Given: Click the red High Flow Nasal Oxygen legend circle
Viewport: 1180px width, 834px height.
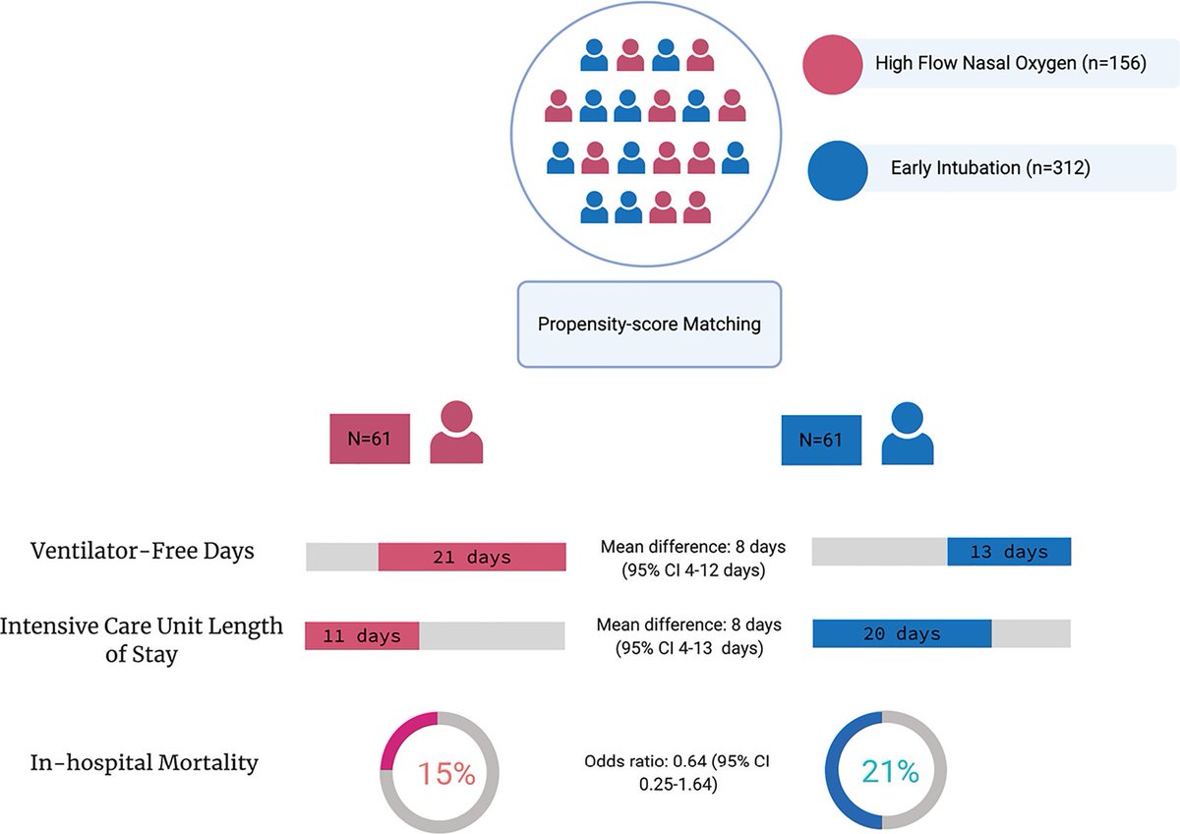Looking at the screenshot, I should pyautogui.click(x=834, y=66).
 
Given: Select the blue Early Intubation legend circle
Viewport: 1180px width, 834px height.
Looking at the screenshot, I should pyautogui.click(x=837, y=168).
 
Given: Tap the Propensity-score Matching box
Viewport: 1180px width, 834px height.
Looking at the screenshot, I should pyautogui.click(x=649, y=325).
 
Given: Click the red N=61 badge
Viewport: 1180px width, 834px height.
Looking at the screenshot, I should pyautogui.click(x=368, y=439).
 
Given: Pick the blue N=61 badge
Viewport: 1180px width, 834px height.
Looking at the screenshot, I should pyautogui.click(x=820, y=439).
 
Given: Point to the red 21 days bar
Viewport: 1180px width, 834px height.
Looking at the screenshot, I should pyautogui.click(x=472, y=557).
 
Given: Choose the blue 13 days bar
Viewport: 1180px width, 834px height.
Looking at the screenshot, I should pyautogui.click(x=1008, y=552).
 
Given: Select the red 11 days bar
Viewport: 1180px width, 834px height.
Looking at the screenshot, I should pyautogui.click(x=362, y=636).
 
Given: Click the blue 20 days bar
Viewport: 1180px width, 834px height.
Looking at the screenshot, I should pyautogui.click(x=902, y=634).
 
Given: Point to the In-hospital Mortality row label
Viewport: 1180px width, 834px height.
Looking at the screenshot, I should pyautogui.click(x=144, y=761).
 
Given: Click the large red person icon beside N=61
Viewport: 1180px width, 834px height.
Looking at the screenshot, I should pyautogui.click(x=456, y=433).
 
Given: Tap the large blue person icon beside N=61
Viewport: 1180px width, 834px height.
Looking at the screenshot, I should pyautogui.click(x=907, y=433).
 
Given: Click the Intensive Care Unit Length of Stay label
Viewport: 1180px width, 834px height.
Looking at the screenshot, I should pyautogui.click(x=142, y=639).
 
